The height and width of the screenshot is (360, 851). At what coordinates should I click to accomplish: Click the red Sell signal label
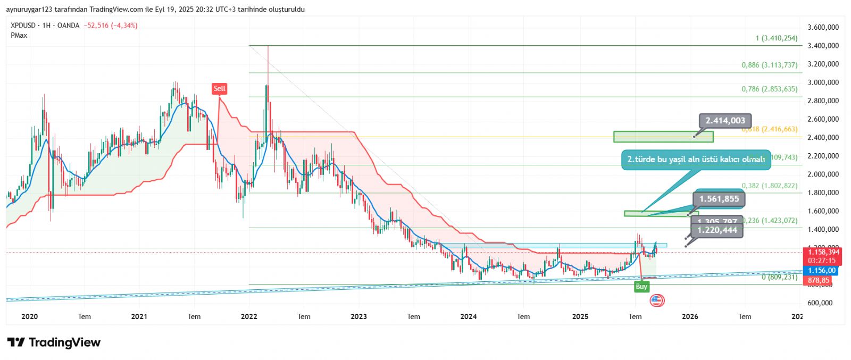219,88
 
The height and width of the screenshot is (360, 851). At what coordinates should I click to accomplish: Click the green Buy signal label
641,287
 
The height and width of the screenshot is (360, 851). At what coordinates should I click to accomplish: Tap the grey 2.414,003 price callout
725,121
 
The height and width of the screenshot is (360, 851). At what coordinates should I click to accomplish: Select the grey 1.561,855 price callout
719,199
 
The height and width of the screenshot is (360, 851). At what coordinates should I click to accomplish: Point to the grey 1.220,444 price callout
717,230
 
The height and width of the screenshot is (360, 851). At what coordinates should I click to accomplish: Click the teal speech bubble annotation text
696,159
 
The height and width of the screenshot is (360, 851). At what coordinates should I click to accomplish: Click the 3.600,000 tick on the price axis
823,27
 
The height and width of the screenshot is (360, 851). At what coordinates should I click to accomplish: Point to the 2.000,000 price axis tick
823,174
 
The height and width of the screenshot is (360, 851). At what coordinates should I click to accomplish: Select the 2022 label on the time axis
248,316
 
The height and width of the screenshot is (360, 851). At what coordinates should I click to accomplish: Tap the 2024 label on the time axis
468,316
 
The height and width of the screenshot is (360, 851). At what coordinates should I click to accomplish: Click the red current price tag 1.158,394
823,252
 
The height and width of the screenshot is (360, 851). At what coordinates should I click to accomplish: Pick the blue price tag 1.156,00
822,271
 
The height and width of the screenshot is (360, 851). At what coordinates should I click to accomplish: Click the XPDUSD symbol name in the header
23,26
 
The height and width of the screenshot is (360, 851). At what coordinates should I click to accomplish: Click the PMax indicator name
19,35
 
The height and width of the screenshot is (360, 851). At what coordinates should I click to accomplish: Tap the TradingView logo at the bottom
54,342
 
